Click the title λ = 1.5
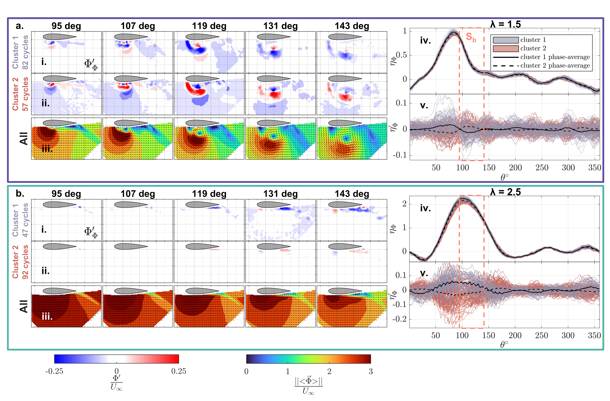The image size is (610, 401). click(x=505, y=24)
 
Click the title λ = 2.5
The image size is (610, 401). click(x=505, y=192)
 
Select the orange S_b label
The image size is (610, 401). click(x=471, y=37)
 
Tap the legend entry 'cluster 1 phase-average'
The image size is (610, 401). click(x=555, y=57)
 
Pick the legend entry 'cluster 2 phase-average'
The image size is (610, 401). click(x=555, y=66)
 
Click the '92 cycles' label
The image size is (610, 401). click(x=25, y=262)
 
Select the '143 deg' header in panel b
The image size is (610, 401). click(x=352, y=194)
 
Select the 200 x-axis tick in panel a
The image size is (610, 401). click(x=515, y=168)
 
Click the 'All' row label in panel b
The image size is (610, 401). click(x=24, y=306)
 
